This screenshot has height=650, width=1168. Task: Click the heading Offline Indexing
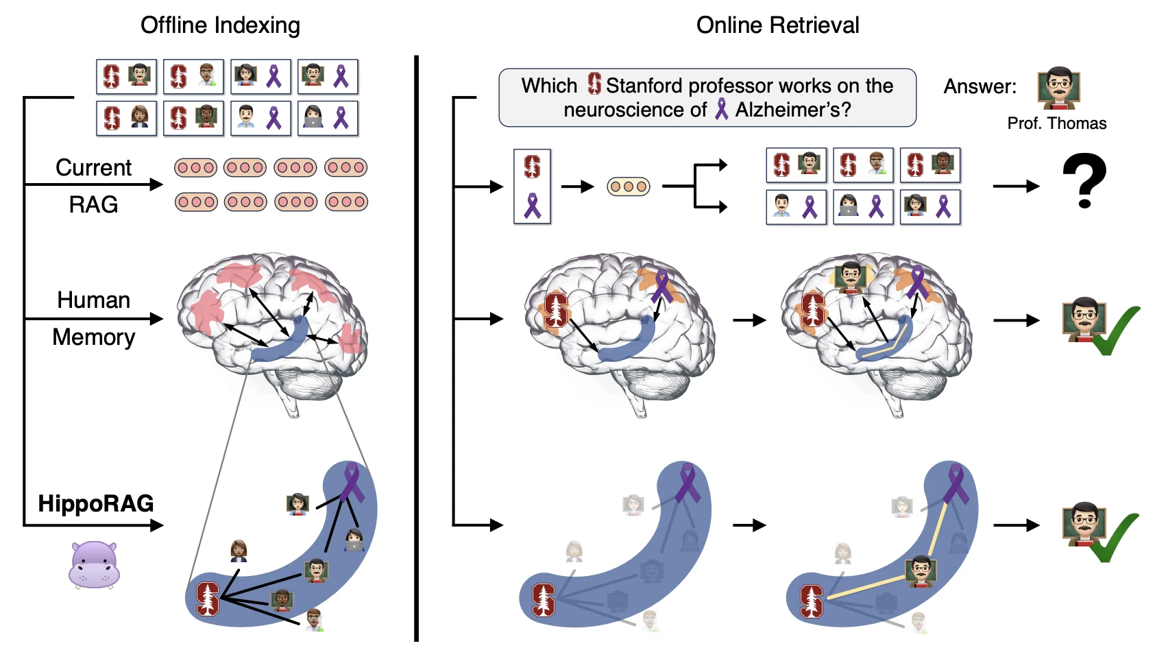[220, 25]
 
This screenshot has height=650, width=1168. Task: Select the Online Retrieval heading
[777, 25]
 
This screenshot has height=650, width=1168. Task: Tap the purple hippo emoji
[95, 565]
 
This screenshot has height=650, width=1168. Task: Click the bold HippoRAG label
[96, 503]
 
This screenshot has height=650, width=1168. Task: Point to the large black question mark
[1084, 181]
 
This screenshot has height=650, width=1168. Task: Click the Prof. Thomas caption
[1056, 123]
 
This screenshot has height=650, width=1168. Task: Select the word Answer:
[980, 86]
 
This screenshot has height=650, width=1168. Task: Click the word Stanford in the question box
[644, 86]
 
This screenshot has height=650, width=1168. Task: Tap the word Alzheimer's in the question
[793, 110]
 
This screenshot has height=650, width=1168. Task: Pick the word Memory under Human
[94, 337]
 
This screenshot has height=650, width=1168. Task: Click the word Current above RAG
[94, 167]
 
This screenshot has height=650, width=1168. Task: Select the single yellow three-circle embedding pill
[629, 186]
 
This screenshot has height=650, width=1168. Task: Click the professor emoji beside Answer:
[1058, 88]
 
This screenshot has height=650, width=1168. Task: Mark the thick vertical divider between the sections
[416, 348]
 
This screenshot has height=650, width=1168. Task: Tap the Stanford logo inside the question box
[594, 84]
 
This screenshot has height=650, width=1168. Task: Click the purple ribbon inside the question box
[721, 109]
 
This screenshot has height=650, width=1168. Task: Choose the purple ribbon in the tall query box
[532, 206]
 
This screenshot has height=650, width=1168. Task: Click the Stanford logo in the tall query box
[532, 167]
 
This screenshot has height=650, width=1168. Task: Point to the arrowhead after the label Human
[156, 318]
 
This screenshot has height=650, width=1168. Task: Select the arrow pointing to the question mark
[1017, 186]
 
